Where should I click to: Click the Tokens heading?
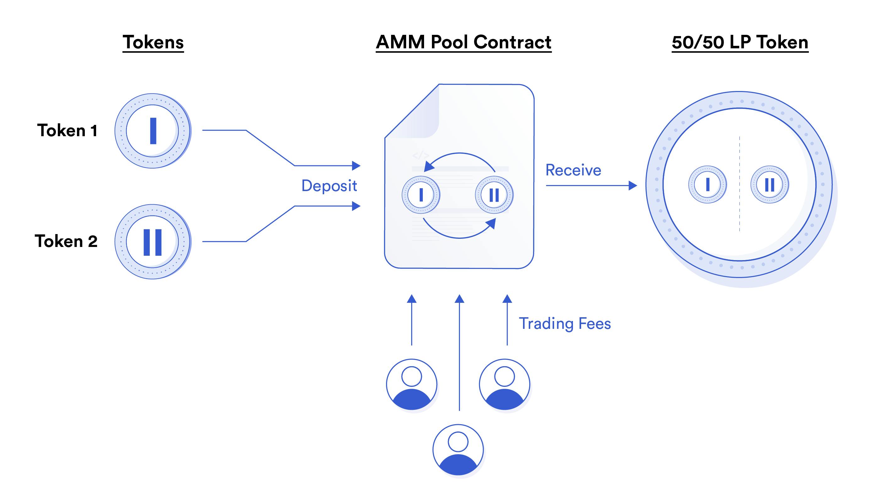click(x=153, y=42)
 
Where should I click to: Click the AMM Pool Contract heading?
click(x=463, y=42)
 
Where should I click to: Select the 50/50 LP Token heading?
click(x=740, y=42)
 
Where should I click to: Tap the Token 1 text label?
click(x=68, y=131)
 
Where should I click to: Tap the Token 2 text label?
click(x=66, y=241)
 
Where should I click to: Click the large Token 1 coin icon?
click(x=152, y=131)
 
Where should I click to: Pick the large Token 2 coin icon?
click(x=152, y=242)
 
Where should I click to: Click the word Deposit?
click(x=329, y=186)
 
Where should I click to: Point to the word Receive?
click(x=573, y=170)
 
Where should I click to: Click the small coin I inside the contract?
click(x=421, y=195)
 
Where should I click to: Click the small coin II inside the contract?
click(x=494, y=195)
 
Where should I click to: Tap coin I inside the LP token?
click(x=707, y=185)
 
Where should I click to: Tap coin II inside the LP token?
click(x=769, y=185)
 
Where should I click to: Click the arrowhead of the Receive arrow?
click(x=632, y=185)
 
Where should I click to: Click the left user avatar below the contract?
click(x=411, y=384)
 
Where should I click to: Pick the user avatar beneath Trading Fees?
click(x=504, y=384)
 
